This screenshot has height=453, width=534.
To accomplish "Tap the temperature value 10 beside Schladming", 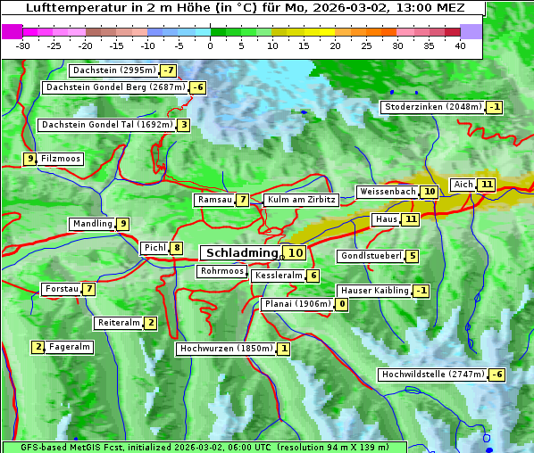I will (296, 253).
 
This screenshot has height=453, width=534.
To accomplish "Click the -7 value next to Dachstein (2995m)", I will (169, 70).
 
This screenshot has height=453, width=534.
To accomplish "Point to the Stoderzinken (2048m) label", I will (433, 107).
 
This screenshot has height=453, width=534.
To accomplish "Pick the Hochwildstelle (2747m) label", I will (433, 375).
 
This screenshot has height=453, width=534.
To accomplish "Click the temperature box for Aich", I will (486, 185).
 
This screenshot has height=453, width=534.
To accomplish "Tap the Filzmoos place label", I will (60, 159).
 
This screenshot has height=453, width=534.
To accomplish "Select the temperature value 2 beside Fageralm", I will (38, 347).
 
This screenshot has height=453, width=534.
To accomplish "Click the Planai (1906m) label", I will (297, 304).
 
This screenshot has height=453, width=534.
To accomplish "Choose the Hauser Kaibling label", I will (374, 291).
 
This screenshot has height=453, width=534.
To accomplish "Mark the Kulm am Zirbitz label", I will (301, 201).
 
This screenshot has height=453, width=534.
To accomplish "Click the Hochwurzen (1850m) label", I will (225, 349).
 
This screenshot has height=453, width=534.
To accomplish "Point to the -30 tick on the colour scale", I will (23, 45).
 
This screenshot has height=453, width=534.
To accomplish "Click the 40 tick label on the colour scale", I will (460, 45).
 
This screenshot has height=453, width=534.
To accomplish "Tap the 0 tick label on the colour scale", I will (210, 45).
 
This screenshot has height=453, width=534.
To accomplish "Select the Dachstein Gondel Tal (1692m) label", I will (106, 125).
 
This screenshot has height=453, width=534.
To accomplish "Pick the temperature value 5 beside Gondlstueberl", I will (412, 257).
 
